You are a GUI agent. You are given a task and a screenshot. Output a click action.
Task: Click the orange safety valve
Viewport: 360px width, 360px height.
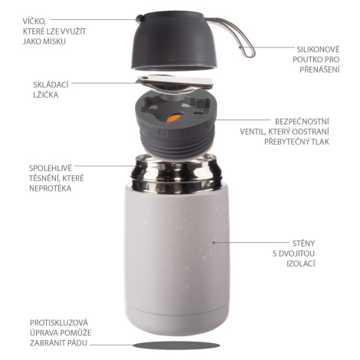(174, 118)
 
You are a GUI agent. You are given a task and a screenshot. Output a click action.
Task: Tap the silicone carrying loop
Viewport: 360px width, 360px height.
(239, 38)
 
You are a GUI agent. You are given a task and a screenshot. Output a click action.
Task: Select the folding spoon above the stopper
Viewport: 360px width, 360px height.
(175, 83)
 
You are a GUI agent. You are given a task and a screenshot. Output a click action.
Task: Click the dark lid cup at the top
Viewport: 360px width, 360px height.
(175, 41)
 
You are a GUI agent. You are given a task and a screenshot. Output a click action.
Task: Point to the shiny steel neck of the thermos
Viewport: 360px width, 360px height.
(175, 174)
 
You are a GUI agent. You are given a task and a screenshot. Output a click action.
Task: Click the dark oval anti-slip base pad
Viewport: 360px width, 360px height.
(176, 345)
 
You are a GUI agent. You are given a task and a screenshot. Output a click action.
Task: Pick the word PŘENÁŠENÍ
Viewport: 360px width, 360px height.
(319, 70)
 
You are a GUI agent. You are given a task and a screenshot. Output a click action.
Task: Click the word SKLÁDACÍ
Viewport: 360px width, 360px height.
(51, 84)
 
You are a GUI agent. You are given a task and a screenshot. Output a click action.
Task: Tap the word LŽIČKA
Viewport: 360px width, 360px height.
(46, 95)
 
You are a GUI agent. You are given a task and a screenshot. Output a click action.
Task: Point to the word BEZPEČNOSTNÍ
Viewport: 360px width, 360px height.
(302, 121)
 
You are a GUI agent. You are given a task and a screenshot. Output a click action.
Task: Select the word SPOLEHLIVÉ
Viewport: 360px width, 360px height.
(51, 168)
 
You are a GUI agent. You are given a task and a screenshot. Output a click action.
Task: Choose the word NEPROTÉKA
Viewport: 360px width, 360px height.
(51, 188)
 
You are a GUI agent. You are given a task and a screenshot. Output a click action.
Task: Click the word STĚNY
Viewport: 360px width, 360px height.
(303, 243)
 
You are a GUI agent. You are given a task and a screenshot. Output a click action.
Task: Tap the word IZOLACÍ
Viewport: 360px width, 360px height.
(301, 263)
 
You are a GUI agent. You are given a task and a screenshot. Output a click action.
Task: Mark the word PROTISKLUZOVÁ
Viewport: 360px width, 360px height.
(59, 322)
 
